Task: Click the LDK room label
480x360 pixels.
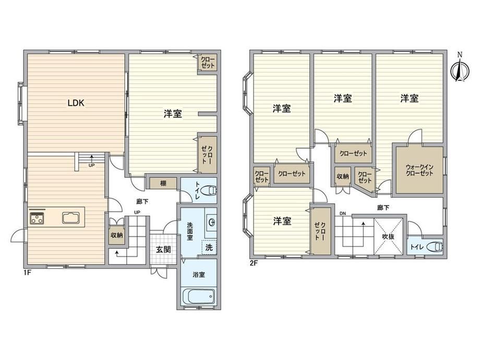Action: [76, 103]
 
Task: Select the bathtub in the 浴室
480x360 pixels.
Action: [199, 297]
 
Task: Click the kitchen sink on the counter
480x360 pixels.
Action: [71, 218]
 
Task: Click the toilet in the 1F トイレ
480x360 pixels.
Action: [211, 190]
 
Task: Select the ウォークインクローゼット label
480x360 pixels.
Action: [419, 170]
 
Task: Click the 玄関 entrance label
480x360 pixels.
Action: [163, 249]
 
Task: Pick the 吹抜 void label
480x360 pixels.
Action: [388, 237]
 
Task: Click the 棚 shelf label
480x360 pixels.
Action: [163, 183]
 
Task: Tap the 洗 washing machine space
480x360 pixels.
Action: [209, 247]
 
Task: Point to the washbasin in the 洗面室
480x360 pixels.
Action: [211, 221]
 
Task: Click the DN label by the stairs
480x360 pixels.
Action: [342, 213]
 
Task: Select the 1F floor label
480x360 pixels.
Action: [28, 272]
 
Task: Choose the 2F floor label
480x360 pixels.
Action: [254, 262]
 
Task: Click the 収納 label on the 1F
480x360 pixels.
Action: [116, 235]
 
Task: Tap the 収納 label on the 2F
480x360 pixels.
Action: [343, 176]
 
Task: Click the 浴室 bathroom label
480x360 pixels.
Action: [199, 274]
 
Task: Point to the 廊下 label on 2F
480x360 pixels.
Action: [383, 208]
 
